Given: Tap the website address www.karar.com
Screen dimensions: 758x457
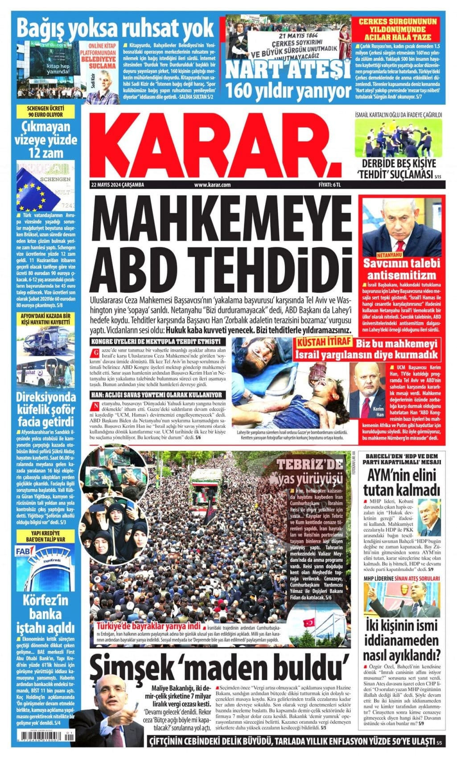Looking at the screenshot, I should (212, 184).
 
